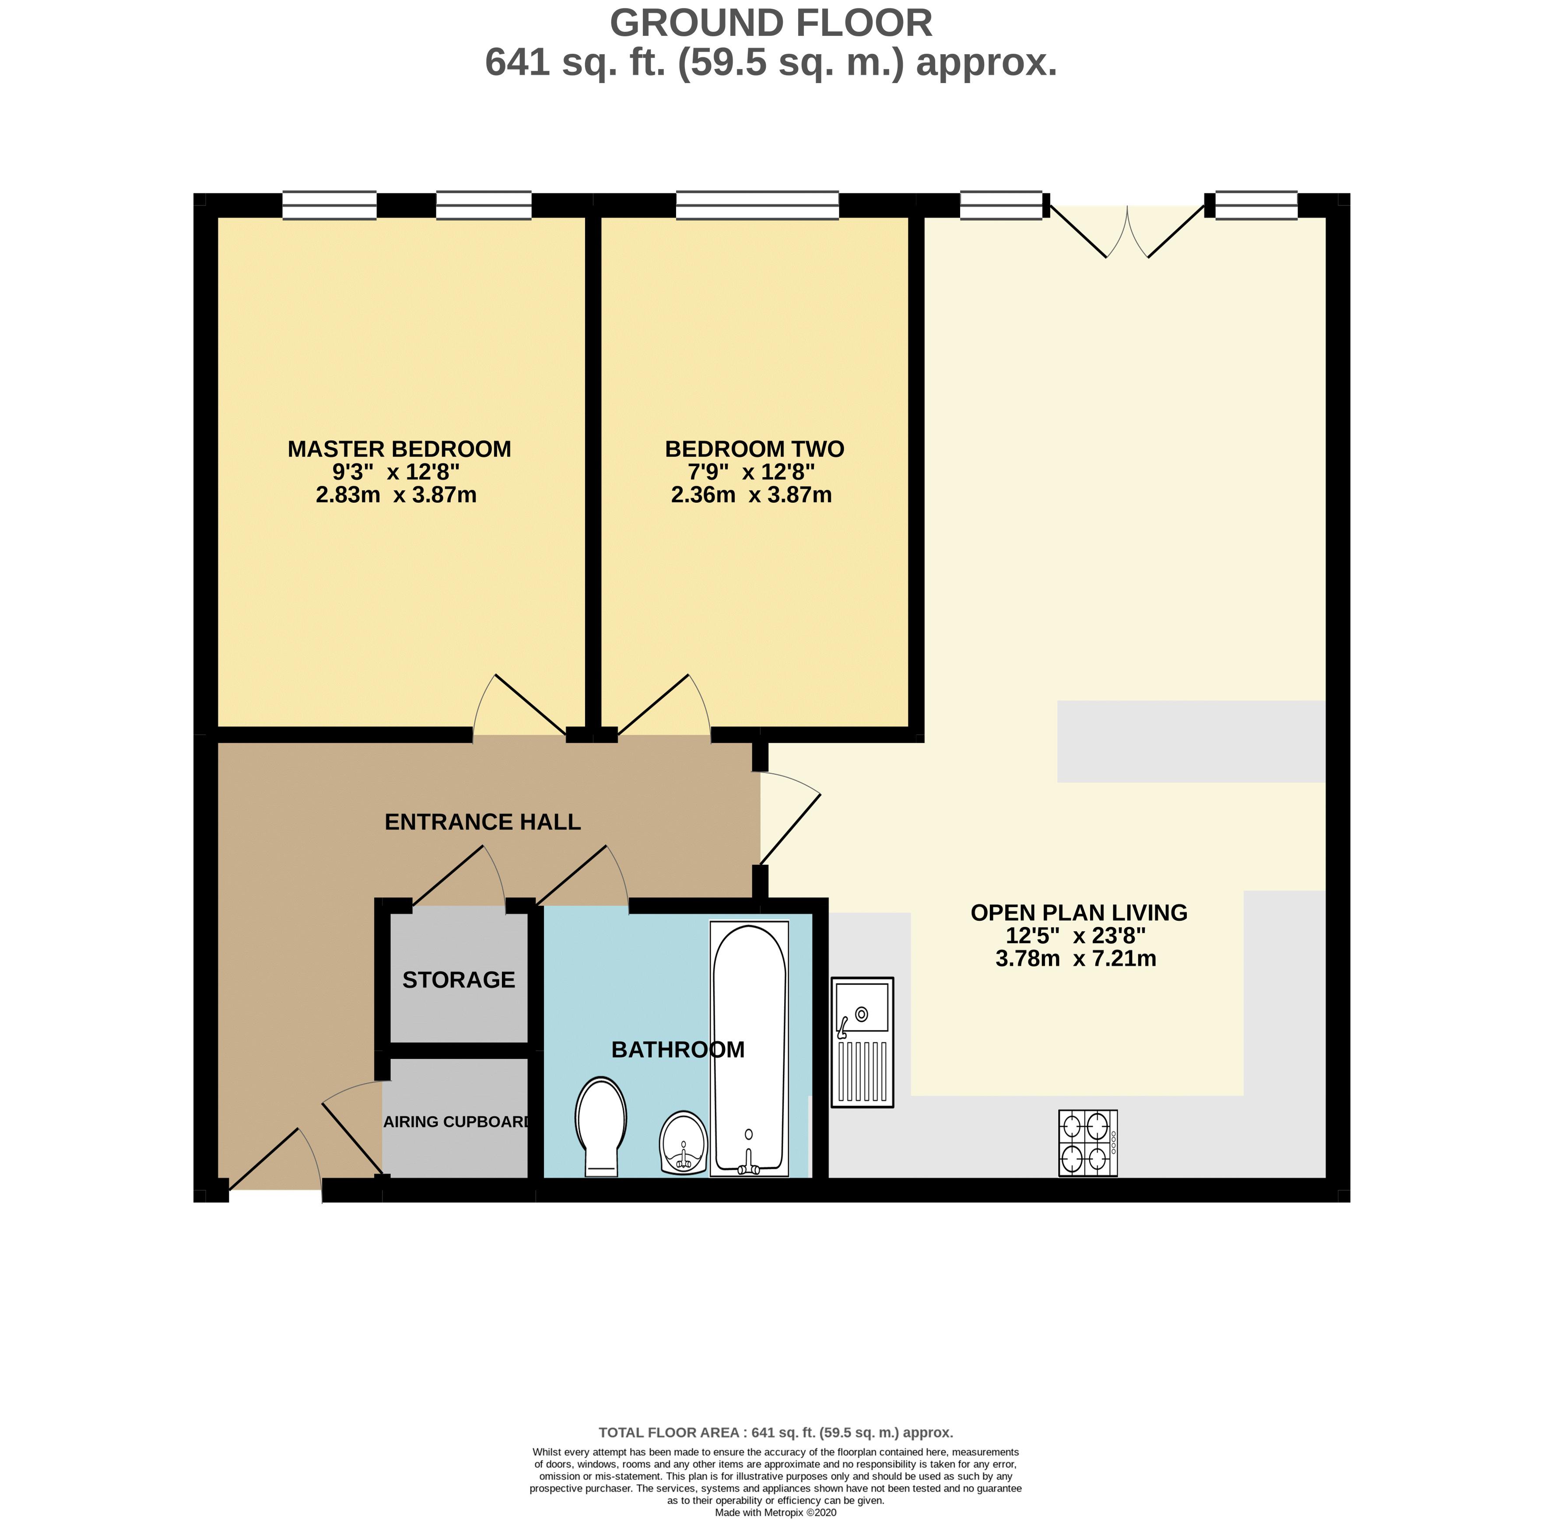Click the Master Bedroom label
click(x=399, y=449)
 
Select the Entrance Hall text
click(x=482, y=822)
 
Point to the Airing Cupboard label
click(x=456, y=1122)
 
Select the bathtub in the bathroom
click(x=749, y=1048)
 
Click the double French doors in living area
click(x=1126, y=231)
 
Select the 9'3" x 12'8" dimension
click(x=396, y=472)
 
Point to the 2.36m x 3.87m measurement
click(x=751, y=495)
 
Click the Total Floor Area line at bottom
click(x=775, y=1432)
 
